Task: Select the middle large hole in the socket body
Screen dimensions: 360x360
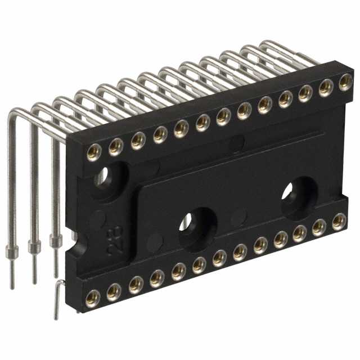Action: (197, 223)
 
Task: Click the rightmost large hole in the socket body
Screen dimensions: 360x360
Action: (298, 195)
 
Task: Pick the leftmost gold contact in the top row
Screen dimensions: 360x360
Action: (94, 151)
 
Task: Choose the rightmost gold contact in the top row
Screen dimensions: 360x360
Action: (345, 84)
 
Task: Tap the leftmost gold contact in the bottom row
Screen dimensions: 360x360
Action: (93, 296)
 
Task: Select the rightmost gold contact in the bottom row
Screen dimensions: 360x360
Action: (339, 221)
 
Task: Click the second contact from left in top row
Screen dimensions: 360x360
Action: (116, 146)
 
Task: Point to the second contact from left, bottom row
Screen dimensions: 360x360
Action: (114, 290)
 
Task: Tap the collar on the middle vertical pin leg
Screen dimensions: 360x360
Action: (34, 246)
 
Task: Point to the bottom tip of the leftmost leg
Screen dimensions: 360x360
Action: (12, 286)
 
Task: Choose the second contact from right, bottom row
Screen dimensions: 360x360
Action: (319, 227)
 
